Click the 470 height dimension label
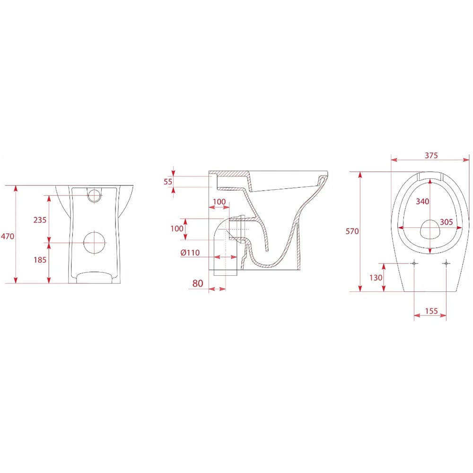[x=7, y=236]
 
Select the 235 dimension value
[x=40, y=219]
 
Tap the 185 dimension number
[x=40, y=259]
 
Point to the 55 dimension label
[x=168, y=182]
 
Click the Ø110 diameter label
[x=190, y=253]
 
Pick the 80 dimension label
[x=198, y=283]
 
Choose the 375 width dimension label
[x=431, y=155]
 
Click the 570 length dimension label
[x=352, y=231]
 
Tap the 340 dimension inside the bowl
[x=422, y=201]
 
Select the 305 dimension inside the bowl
[x=446, y=222]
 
